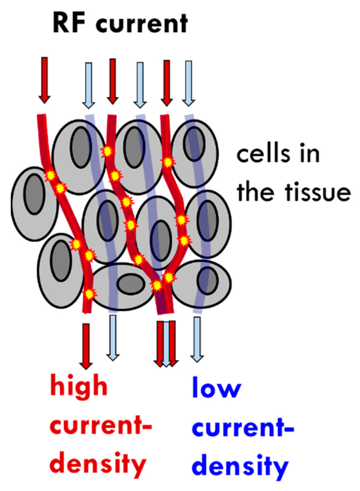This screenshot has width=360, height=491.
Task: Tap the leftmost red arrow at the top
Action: click(44, 80)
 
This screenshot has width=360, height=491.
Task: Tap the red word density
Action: click(98, 464)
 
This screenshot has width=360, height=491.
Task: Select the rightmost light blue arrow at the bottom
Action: click(197, 339)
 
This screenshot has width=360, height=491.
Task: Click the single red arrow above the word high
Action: click(86, 346)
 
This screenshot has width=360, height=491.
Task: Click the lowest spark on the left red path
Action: click(89, 294)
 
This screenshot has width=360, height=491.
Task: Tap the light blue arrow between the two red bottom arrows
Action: click(166, 343)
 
